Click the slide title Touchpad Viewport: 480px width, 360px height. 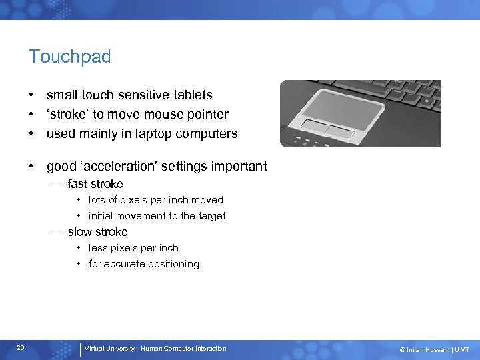pos(69,57)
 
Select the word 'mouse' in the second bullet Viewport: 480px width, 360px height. pos(153,115)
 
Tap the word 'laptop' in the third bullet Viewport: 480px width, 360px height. pos(147,133)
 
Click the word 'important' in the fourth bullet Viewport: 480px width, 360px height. pos(239,167)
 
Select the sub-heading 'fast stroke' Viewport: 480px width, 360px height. pos(95,184)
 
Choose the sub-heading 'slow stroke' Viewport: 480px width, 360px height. pos(97,232)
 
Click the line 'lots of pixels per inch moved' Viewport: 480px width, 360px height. pos(155,200)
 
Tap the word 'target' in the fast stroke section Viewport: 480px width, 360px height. pos(212,216)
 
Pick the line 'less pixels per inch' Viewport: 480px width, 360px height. pos(133,248)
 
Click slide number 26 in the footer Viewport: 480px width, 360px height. pos(21,348)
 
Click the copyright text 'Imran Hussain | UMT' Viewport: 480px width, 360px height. pos(437,349)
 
